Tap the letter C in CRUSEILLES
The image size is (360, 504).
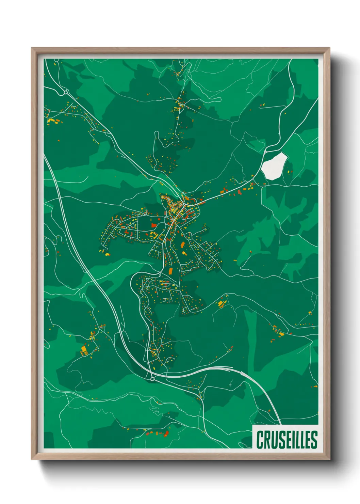(260, 440)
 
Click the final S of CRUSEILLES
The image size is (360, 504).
(314, 440)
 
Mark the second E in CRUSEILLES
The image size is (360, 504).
(308, 440)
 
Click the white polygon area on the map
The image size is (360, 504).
(274, 166)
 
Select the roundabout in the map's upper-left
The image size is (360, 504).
(66, 92)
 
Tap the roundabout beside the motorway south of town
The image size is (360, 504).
(152, 378)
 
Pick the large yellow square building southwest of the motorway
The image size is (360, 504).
(84, 349)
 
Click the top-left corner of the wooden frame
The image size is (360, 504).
(32, 48)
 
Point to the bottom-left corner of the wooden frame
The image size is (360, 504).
(32, 459)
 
